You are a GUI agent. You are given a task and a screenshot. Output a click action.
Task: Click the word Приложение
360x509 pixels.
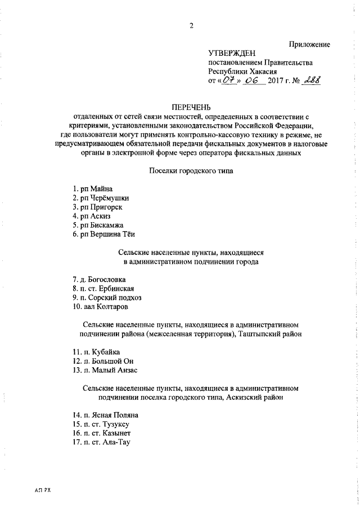coord(309,44)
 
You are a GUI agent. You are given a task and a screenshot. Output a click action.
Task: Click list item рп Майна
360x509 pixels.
coord(93,189)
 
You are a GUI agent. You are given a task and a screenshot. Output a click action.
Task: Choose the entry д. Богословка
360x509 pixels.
coord(98,280)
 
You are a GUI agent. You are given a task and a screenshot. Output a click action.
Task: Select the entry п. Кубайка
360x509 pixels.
coord(92,352)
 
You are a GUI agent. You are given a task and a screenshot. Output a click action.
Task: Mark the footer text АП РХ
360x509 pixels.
coord(43,491)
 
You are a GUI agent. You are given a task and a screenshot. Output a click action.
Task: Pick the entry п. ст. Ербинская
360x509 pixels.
coord(102,289)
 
